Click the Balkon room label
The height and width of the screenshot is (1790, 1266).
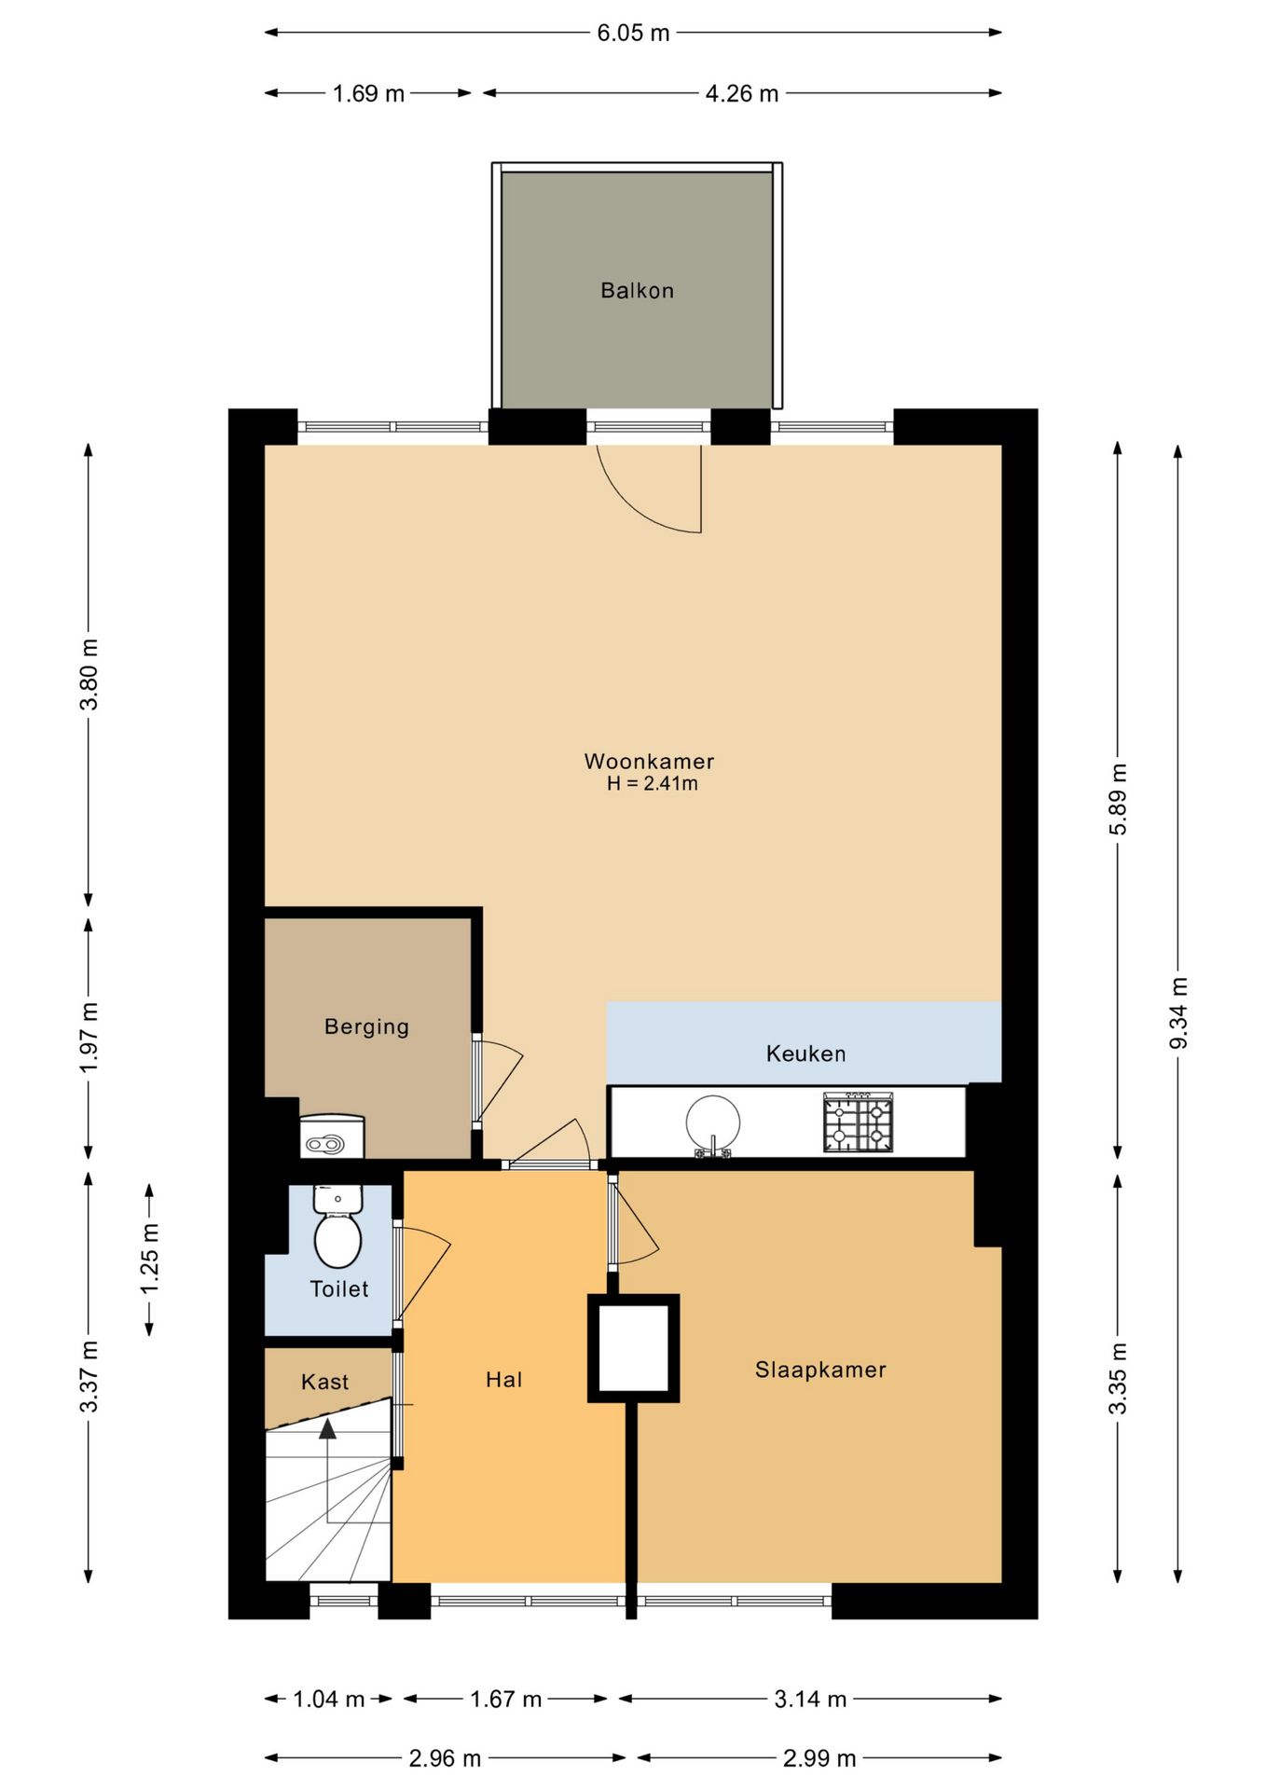pyautogui.click(x=637, y=291)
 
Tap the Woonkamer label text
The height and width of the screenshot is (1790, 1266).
pyautogui.click(x=649, y=761)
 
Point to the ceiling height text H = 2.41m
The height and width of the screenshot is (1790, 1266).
pyautogui.click(x=652, y=784)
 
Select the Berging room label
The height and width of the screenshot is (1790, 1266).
pyautogui.click(x=366, y=1026)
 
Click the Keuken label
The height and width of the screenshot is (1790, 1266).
pyautogui.click(x=805, y=1053)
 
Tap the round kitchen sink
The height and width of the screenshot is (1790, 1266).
pyautogui.click(x=713, y=1122)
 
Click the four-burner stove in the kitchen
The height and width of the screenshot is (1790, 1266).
pyautogui.click(x=858, y=1122)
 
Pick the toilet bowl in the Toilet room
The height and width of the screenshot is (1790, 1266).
pyautogui.click(x=337, y=1237)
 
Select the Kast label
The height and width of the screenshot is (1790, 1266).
pyautogui.click(x=324, y=1382)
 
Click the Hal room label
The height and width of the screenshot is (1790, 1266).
pyautogui.click(x=503, y=1380)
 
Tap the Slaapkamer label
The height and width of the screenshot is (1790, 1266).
pyautogui.click(x=820, y=1370)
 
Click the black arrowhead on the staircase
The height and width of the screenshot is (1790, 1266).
pyautogui.click(x=327, y=1428)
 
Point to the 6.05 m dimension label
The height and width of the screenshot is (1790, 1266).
pyautogui.click(x=633, y=33)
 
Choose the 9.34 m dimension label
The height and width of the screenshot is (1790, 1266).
pyautogui.click(x=1178, y=1012)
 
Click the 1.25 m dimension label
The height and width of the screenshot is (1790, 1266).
pyautogui.click(x=150, y=1260)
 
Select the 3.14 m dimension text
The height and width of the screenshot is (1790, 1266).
pyautogui.click(x=810, y=1699)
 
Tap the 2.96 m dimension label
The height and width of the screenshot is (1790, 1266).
pyautogui.click(x=445, y=1758)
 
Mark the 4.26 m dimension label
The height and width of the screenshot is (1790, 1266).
pyautogui.click(x=741, y=93)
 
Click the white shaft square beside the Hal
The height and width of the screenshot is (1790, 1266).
pyautogui.click(x=634, y=1348)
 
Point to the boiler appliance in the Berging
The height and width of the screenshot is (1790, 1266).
pyautogui.click(x=332, y=1136)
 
